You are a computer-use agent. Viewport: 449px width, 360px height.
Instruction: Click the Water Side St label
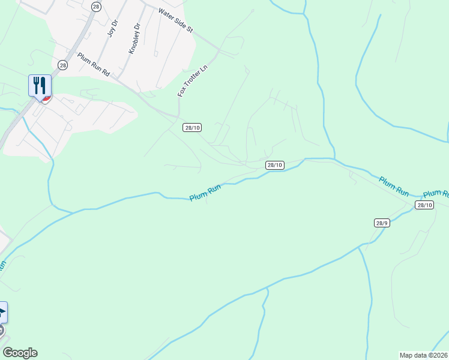175,20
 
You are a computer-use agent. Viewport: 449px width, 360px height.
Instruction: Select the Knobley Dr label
134,38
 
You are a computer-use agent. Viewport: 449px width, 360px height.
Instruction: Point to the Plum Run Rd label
94,64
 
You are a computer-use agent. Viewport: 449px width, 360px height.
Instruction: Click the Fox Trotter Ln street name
192,81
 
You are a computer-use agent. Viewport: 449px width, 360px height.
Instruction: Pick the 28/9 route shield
382,223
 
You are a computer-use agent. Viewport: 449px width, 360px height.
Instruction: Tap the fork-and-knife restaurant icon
40,85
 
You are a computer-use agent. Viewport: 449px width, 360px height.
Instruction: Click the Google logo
20,353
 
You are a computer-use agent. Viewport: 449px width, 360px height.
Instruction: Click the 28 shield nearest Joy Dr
96,6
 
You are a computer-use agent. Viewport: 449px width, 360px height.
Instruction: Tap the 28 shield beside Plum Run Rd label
62,64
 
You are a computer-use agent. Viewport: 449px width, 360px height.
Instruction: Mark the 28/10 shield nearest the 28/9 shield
424,205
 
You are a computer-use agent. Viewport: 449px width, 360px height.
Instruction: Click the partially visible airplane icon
2,313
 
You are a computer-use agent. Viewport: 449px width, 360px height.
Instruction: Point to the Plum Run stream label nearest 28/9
394,186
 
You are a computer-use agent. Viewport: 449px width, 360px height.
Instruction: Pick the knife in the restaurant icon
44,84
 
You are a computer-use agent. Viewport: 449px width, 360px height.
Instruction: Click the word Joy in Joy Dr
110,32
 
